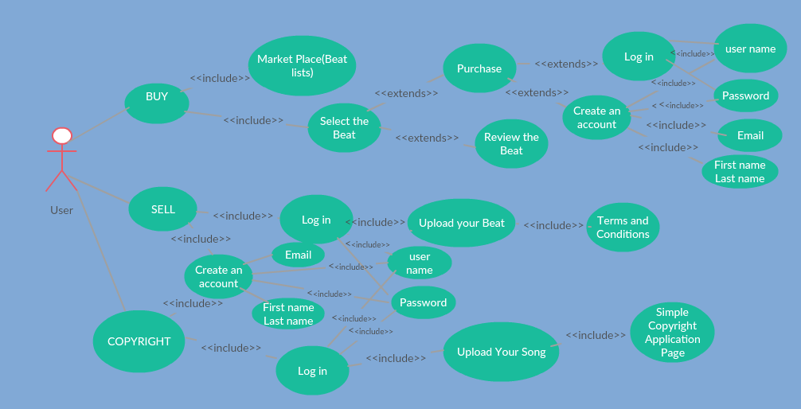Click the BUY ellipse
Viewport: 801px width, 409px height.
point(157,103)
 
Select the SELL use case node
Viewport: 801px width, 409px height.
point(162,209)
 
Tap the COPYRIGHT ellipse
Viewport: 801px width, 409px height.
point(139,341)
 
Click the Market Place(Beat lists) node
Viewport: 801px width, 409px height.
point(302,66)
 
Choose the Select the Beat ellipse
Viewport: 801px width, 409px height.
point(344,128)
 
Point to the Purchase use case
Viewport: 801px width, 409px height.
point(479,68)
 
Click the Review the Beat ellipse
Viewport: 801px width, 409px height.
point(511,144)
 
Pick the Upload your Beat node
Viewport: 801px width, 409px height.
point(461,223)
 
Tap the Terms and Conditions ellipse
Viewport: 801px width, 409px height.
point(623,228)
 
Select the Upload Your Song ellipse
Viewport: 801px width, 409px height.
point(501,352)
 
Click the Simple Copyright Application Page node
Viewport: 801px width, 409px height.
point(672,333)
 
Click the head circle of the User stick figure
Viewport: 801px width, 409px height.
point(62,136)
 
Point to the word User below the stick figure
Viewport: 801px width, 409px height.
point(61,211)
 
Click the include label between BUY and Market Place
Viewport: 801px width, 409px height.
point(220,78)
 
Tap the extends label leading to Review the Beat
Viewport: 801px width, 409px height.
point(427,138)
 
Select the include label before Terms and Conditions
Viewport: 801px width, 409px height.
point(553,226)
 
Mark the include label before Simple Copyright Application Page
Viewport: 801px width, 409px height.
point(596,335)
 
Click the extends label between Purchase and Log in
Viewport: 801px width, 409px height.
point(566,64)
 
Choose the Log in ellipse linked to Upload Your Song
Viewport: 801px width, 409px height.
point(312,371)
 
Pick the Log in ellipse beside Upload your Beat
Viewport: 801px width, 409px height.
point(316,220)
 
